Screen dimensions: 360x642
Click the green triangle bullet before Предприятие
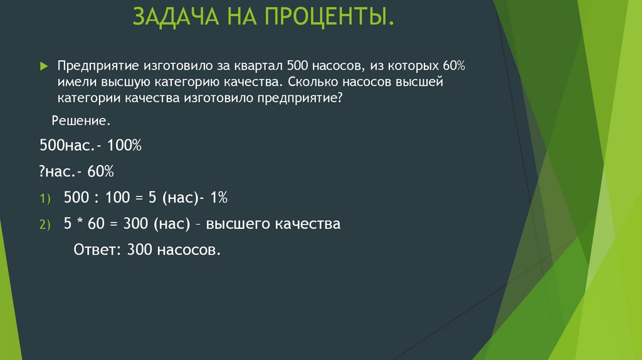click(43, 66)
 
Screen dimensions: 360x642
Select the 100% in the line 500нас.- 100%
click(125, 146)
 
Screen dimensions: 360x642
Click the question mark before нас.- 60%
click(42, 171)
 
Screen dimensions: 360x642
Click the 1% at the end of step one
click(219, 198)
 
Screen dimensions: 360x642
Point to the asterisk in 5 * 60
click(78, 223)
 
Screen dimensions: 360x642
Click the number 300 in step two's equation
click(135, 224)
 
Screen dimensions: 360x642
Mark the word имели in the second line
click(76, 82)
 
